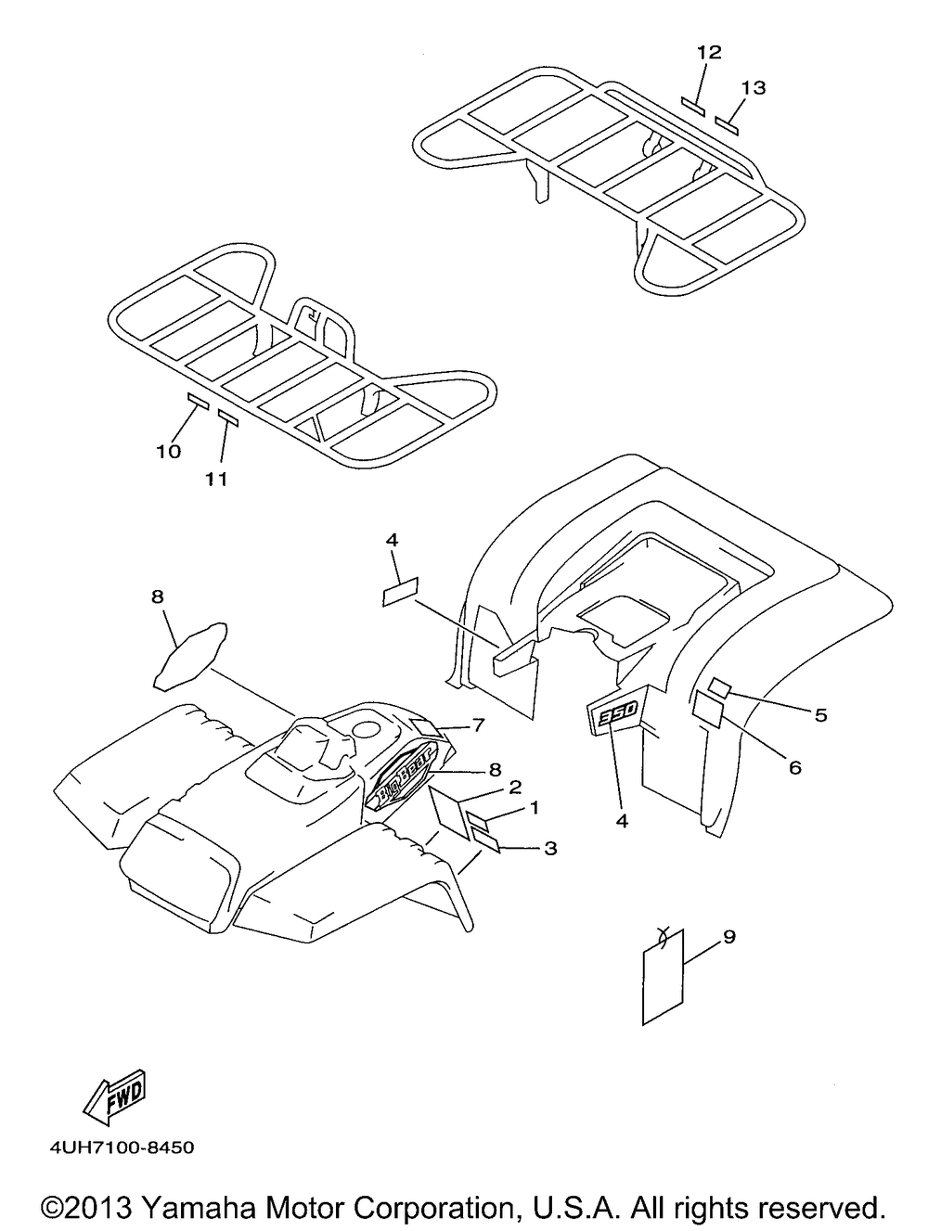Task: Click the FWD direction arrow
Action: (x=116, y=1097)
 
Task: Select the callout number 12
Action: (x=709, y=53)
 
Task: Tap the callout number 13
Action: (x=754, y=87)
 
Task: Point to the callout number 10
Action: (x=169, y=452)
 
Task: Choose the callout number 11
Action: (x=216, y=479)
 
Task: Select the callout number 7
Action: (x=479, y=724)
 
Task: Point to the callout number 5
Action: (x=820, y=715)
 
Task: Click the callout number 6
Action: (x=795, y=768)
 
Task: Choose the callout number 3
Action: (x=550, y=848)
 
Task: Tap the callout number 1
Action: (x=534, y=807)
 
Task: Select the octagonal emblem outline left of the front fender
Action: (x=191, y=654)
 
